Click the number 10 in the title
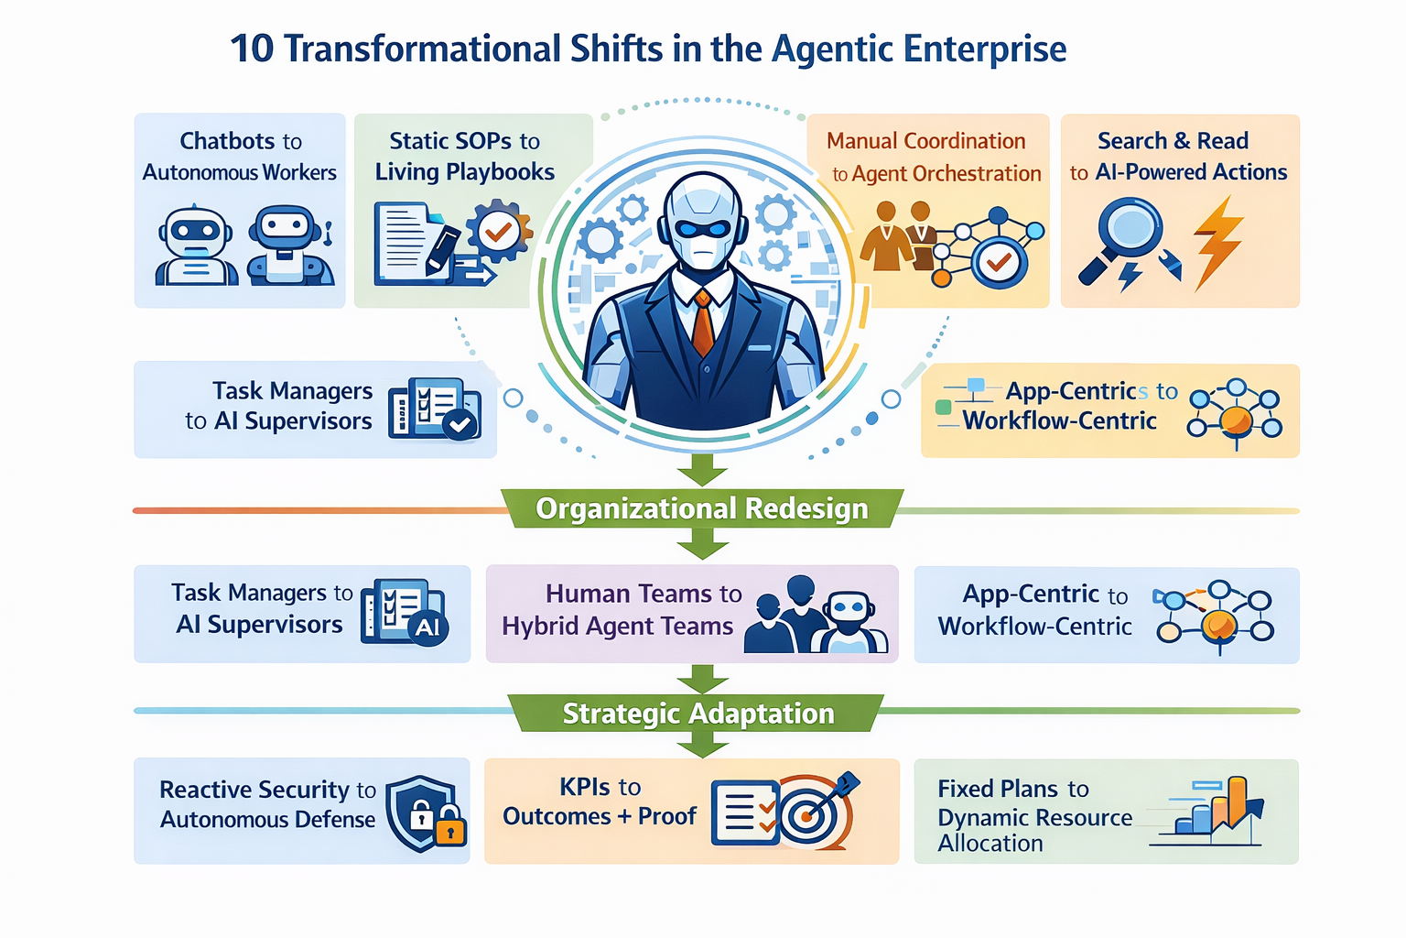(252, 49)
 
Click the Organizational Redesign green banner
(702, 509)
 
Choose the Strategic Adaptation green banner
(698, 714)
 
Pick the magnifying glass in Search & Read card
(1127, 234)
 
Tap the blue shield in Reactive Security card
(417, 812)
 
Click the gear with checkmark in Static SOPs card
(499, 231)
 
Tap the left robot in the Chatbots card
(195, 245)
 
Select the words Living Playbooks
(464, 172)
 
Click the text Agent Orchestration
(946, 174)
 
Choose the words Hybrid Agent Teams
(617, 627)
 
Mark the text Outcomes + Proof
(600, 816)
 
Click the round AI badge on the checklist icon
(428, 628)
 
